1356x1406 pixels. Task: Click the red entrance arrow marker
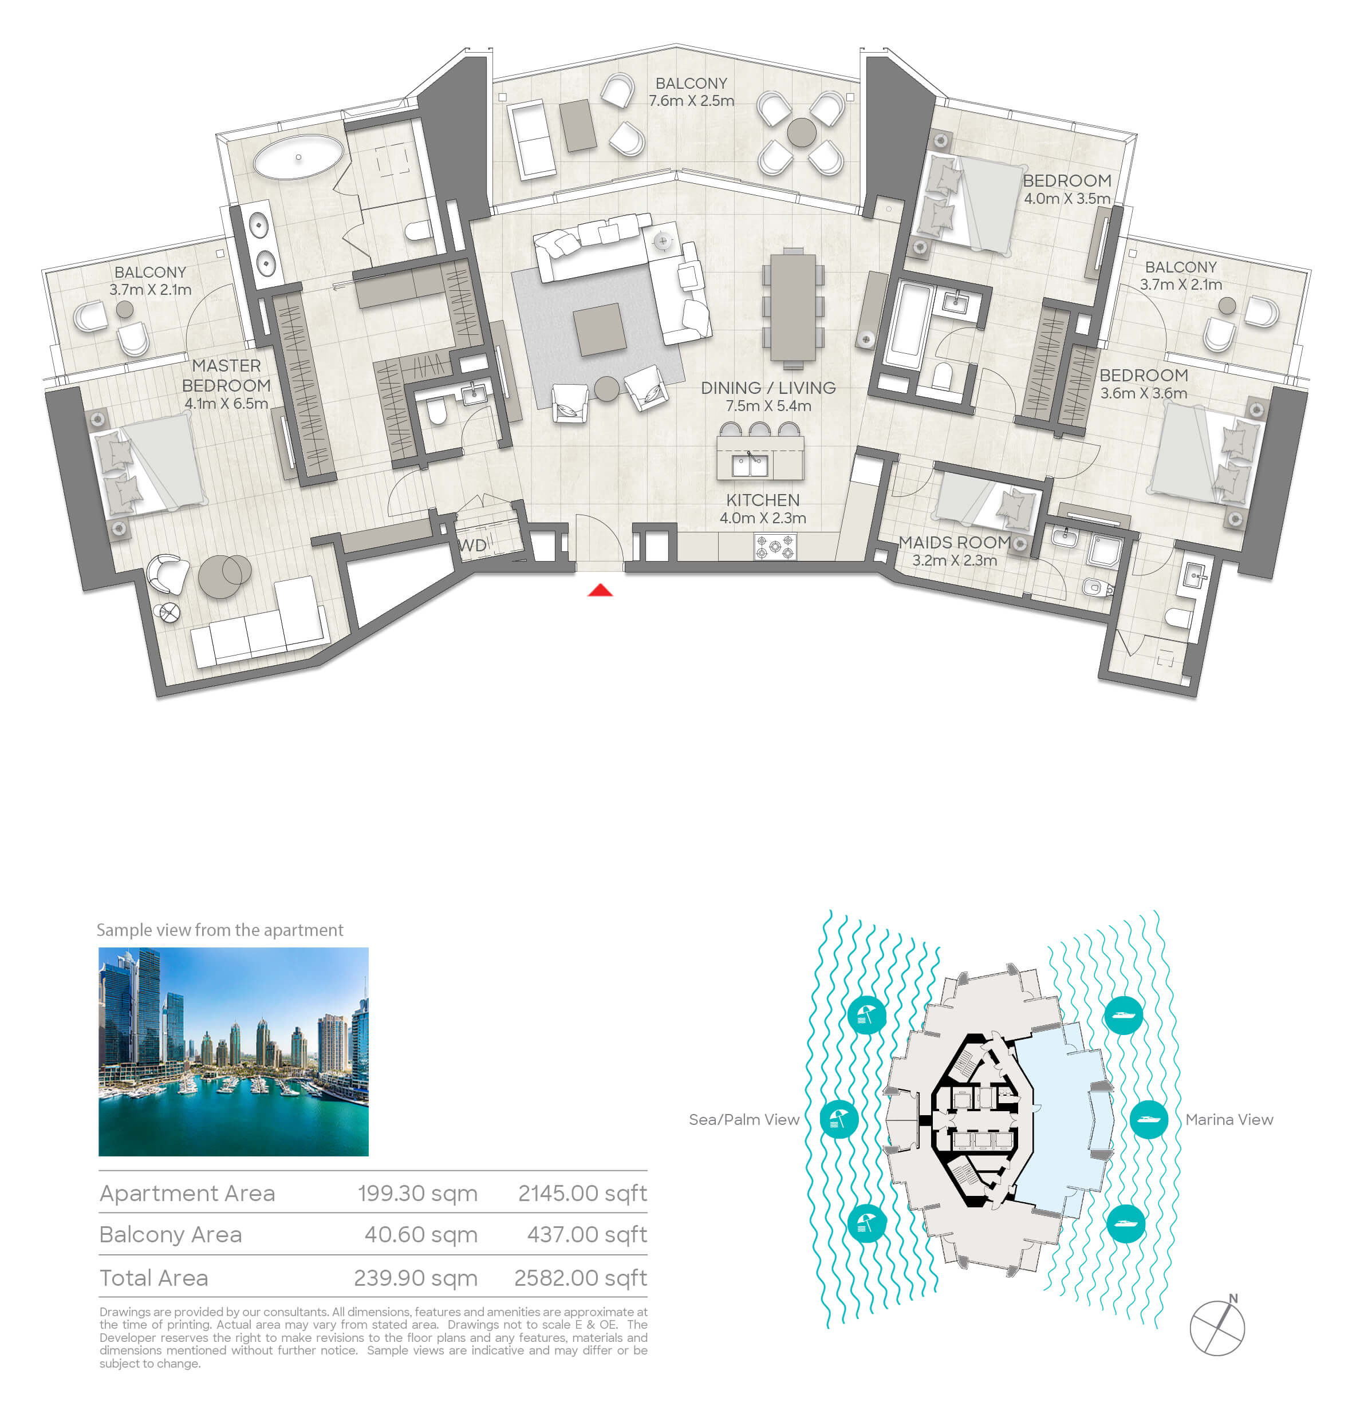coord(601,590)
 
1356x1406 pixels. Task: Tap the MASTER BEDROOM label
coord(226,375)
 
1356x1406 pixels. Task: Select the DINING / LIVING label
coord(768,388)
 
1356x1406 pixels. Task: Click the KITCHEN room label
coord(763,500)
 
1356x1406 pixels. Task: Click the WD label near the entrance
coord(473,545)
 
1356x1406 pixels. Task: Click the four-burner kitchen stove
coord(775,548)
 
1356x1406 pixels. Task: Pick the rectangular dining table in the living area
coord(793,308)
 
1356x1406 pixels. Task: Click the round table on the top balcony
coord(802,133)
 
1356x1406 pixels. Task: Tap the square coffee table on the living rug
coord(600,329)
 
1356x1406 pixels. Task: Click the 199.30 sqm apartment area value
coord(417,1193)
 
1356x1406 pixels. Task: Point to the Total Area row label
coord(153,1278)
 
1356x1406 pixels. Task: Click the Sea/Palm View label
coord(743,1119)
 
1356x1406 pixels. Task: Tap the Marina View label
coord(1229,1119)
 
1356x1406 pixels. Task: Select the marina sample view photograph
coord(233,1052)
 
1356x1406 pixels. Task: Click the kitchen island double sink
coord(750,465)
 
